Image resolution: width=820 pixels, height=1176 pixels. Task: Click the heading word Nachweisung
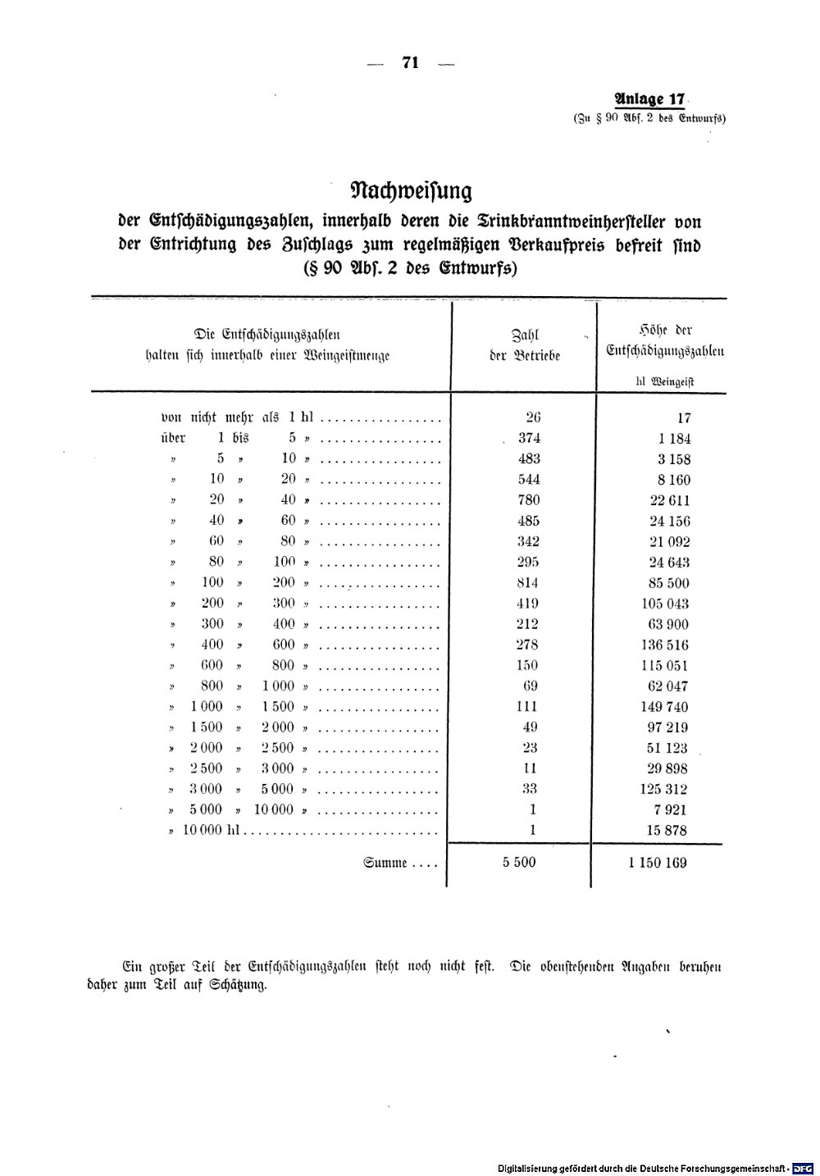[x=411, y=191]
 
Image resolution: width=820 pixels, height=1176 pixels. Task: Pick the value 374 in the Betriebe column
[x=529, y=438]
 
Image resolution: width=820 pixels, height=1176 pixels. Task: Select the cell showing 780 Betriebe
[x=529, y=500]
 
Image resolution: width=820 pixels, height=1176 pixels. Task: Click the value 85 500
[x=668, y=583]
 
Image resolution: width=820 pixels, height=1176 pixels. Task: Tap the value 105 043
[x=665, y=604]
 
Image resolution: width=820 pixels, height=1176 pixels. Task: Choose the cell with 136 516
[x=665, y=645]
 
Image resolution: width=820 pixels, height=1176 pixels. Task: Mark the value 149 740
[x=665, y=707]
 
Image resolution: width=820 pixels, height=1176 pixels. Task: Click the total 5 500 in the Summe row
[x=520, y=863]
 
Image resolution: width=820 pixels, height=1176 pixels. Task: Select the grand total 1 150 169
[x=658, y=863]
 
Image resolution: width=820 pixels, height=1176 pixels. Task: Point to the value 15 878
[x=668, y=830]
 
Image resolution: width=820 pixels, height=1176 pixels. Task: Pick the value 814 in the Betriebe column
[x=529, y=583]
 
